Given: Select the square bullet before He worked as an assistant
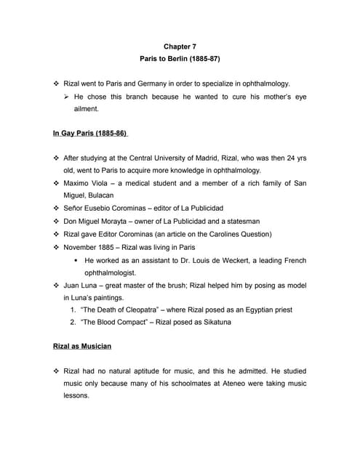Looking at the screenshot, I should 76,259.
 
